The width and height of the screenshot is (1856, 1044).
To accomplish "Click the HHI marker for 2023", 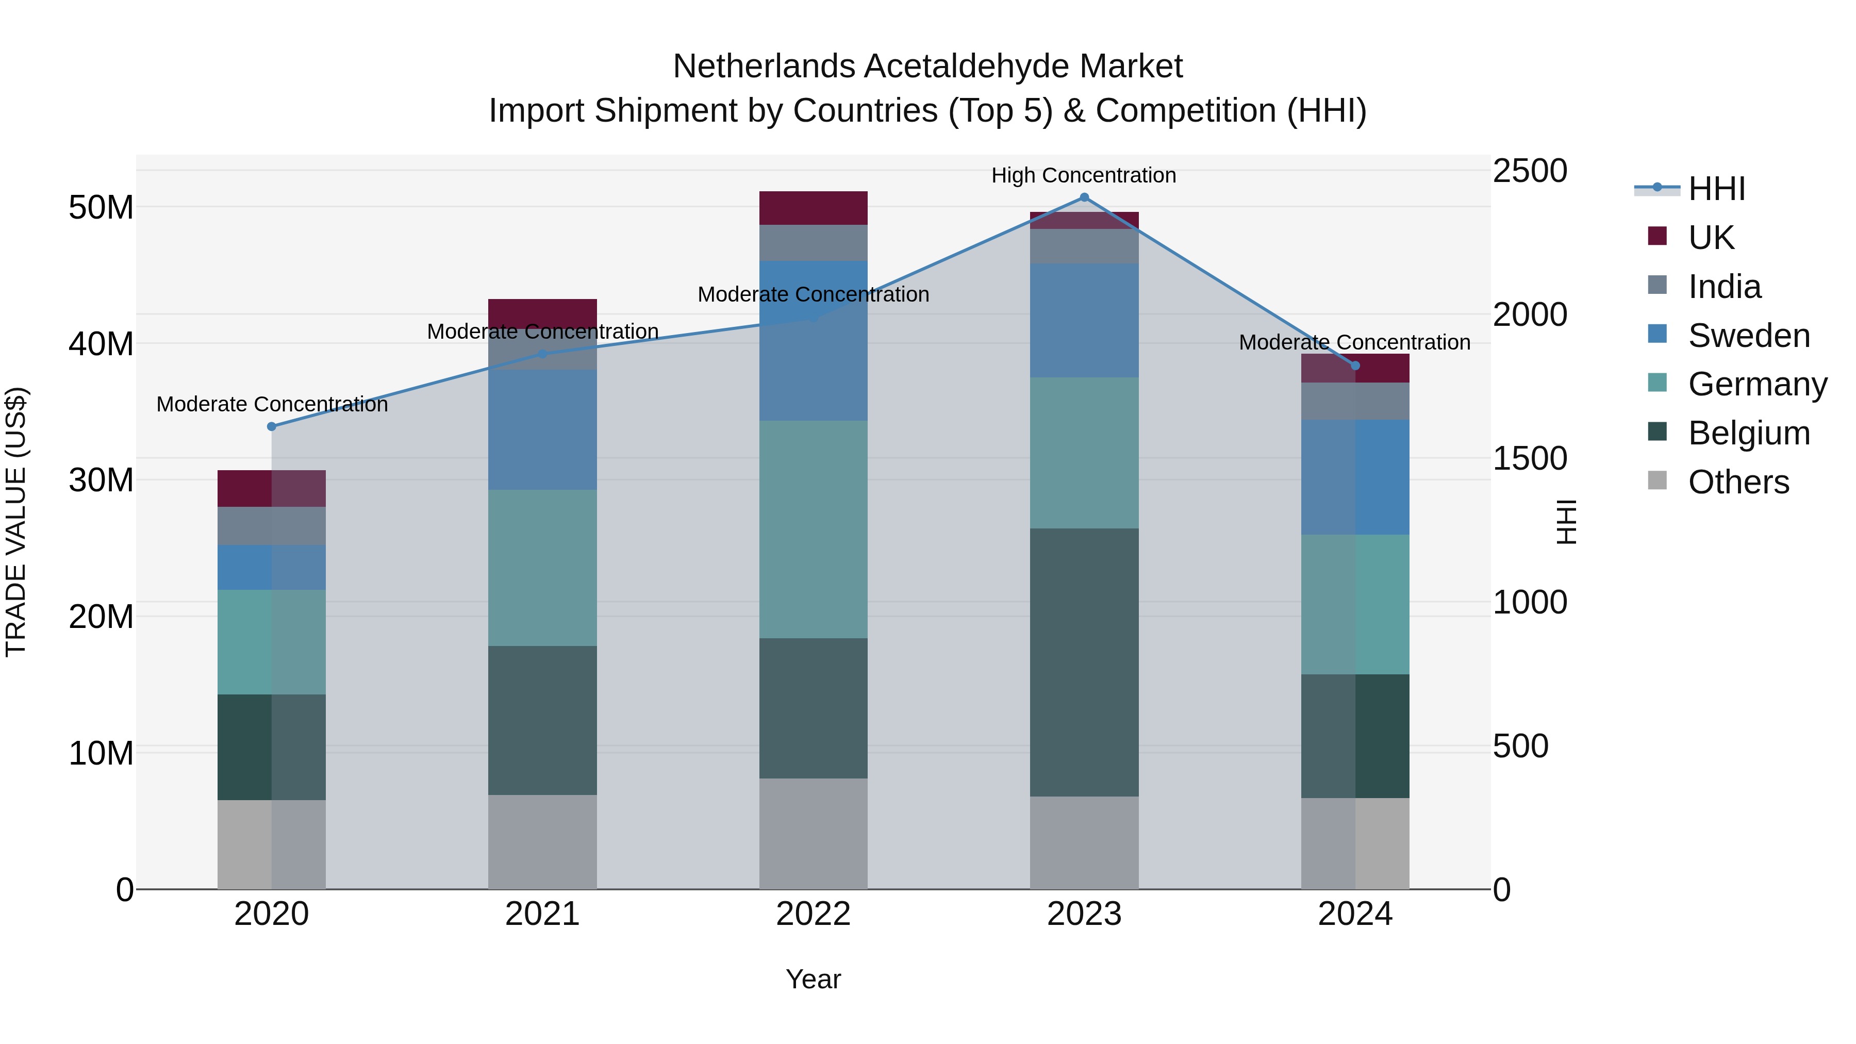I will [1084, 197].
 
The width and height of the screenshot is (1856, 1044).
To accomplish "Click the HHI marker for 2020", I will [272, 426].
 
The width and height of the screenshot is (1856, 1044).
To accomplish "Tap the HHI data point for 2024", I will [1354, 366].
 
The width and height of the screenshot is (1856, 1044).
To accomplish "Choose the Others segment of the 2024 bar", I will [1354, 843].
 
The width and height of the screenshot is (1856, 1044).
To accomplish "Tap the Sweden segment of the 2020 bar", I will [272, 567].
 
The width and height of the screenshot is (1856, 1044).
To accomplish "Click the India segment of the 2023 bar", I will [1084, 246].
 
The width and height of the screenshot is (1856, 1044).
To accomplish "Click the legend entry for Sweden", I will [1749, 336].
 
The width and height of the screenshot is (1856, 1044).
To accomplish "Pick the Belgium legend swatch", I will [1657, 433].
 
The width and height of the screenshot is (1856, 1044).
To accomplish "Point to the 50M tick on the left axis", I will [101, 207].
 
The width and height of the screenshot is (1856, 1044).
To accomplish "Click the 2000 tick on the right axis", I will [1529, 315].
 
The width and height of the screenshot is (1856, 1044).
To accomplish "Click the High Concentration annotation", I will [1084, 175].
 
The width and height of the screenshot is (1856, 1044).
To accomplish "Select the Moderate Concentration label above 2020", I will [272, 404].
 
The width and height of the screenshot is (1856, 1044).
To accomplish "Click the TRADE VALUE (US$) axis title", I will [16, 522].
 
